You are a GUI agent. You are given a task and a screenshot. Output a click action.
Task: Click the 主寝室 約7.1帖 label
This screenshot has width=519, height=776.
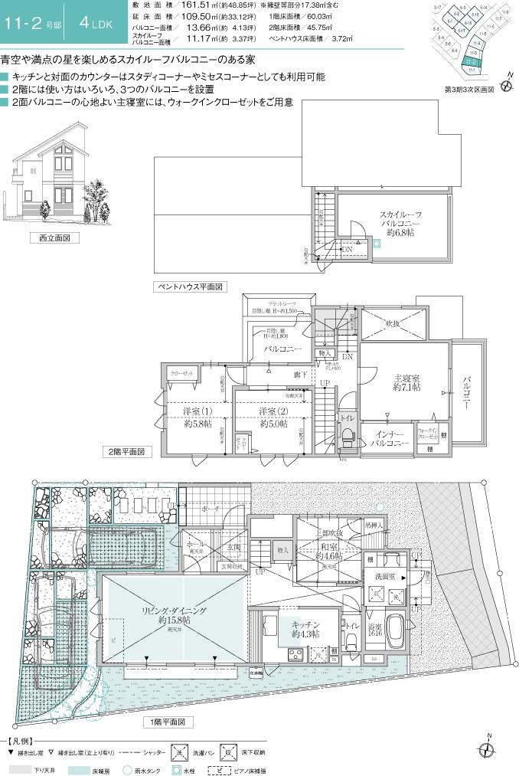(404, 382)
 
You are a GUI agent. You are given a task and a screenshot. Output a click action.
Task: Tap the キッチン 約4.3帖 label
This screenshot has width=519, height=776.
(305, 629)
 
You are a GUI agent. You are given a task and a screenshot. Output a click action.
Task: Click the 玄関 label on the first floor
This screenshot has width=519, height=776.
(233, 548)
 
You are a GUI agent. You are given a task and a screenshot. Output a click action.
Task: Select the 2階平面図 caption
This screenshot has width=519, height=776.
(128, 452)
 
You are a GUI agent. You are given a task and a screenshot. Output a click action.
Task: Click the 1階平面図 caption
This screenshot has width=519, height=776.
(168, 722)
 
